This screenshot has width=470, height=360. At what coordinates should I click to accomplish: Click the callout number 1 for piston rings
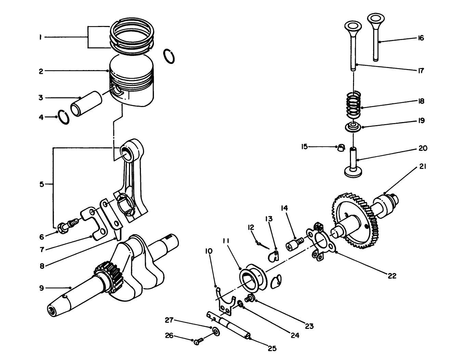point(40,37)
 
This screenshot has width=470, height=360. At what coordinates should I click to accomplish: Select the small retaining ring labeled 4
point(64,117)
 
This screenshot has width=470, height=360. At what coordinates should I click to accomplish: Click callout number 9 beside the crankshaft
point(41,288)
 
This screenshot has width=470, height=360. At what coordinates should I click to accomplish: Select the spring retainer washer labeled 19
point(353,127)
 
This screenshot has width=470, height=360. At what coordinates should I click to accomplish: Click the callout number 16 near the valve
point(421,38)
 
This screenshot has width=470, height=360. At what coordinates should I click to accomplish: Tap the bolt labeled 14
point(294,244)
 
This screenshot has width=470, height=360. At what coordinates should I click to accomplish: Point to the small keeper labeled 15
point(341,148)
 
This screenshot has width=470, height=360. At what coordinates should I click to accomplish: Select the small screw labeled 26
point(198,341)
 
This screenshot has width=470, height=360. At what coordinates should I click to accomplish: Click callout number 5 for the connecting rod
point(41,184)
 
